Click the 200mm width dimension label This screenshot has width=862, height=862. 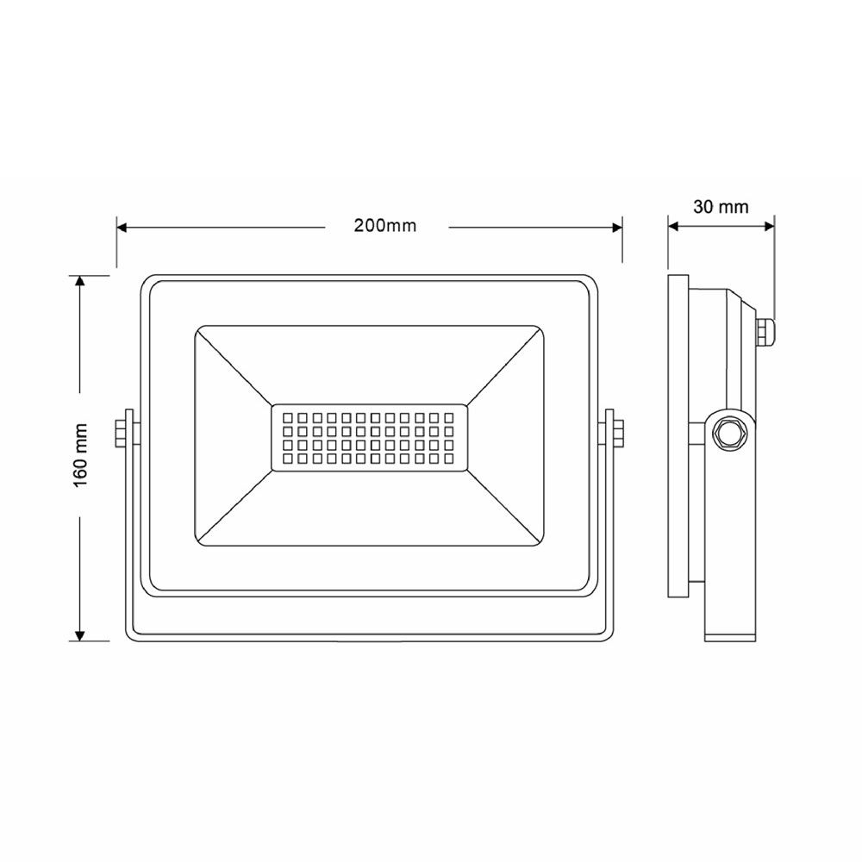384,227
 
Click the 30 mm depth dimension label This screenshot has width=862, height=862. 721,207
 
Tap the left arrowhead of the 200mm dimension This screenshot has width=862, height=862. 122,228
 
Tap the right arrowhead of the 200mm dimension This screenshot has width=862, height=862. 616,228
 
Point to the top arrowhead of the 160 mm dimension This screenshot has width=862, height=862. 80,283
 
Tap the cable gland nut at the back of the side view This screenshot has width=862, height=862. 764,330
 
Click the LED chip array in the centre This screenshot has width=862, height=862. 369,438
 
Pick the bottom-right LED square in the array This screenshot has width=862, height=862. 448,459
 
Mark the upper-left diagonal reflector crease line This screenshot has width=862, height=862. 234,367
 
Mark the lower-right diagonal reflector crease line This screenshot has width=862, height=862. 504,509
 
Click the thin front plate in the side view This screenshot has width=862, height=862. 678,435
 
